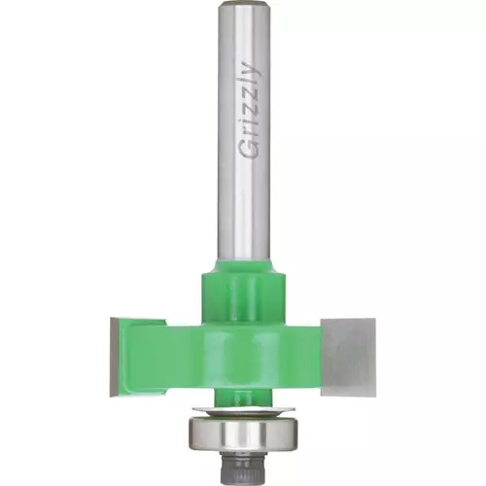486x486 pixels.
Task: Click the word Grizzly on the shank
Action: pos(252,109)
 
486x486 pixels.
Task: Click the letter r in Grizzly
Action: pos(252,134)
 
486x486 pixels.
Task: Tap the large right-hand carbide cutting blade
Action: pos(348,357)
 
